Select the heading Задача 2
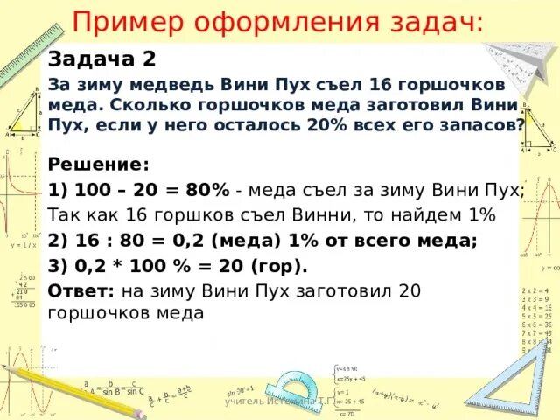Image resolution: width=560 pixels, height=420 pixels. (x=102, y=59)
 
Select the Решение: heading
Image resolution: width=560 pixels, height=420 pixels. (x=99, y=164)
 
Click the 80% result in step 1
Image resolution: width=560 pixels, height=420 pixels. (x=207, y=190)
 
